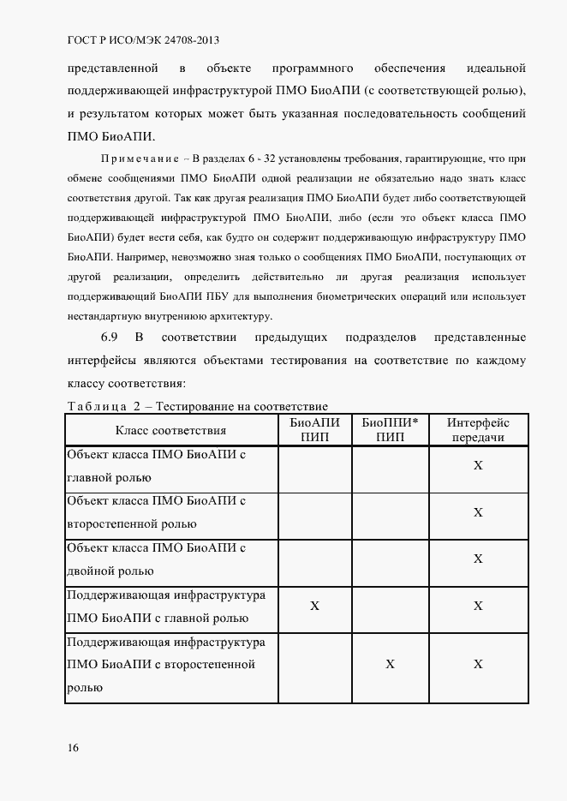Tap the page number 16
tap(74, 748)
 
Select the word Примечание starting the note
tap(140, 159)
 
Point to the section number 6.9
tap(110, 338)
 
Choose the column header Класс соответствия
tap(171, 430)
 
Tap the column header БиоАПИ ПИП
tap(314, 430)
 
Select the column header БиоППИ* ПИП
tap(390, 430)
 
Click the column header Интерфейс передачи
tap(478, 430)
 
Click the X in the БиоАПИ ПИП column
tap(314, 606)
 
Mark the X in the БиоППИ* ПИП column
tap(390, 664)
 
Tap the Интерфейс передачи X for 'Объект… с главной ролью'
tap(478, 465)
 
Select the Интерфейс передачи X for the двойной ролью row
tap(478, 559)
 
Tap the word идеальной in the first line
tap(496, 68)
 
